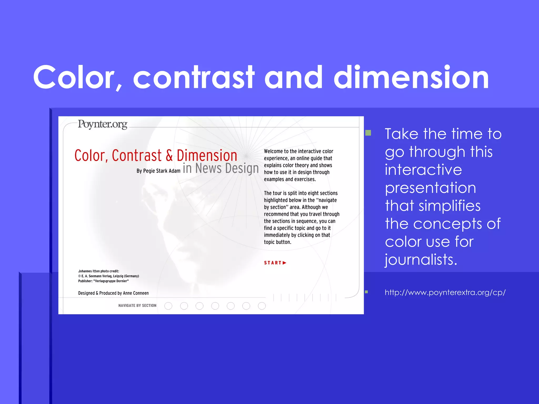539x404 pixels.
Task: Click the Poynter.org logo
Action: (102, 124)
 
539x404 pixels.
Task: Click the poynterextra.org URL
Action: (445, 292)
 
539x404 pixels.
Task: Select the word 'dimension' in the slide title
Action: (411, 77)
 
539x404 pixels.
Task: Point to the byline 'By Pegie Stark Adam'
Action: (158, 171)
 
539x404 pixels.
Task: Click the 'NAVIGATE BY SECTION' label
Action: (137, 306)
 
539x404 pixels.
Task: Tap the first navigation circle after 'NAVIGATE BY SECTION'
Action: (168, 306)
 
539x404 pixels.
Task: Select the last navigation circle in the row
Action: (262, 306)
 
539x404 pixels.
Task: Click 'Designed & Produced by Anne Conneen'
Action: (113, 293)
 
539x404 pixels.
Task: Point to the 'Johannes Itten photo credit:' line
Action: (98, 271)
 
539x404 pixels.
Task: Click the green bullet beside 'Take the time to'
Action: (368, 133)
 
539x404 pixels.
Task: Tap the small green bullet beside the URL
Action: (366, 292)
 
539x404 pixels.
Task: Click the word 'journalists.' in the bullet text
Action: (421, 260)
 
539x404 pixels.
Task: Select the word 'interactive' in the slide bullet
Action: (423, 170)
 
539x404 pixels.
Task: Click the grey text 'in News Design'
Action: (221, 168)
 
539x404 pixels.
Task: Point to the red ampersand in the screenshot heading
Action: (169, 155)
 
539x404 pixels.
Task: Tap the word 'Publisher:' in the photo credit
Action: (85, 281)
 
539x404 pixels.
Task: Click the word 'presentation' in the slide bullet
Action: (430, 188)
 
